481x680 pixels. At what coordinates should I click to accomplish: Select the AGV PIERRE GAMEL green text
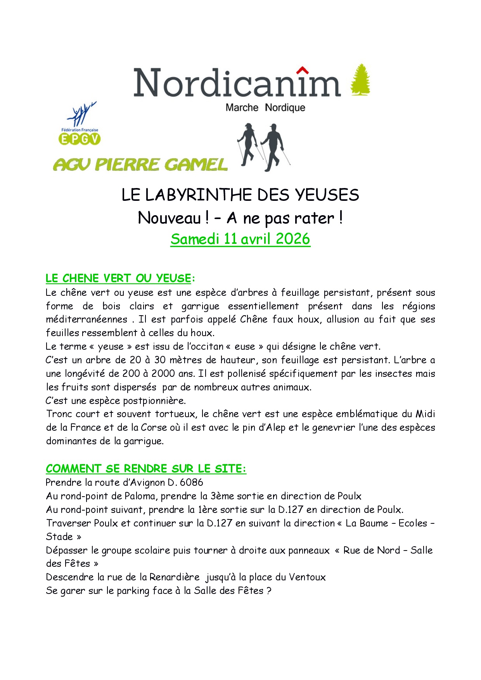pyautogui.click(x=140, y=165)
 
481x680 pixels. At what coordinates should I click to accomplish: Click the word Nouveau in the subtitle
pyautogui.click(x=170, y=218)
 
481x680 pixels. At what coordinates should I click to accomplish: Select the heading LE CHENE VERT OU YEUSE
pyautogui.click(x=118, y=278)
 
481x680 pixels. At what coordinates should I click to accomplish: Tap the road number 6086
pyautogui.click(x=192, y=482)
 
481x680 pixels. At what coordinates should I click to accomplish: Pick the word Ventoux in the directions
pyautogui.click(x=307, y=577)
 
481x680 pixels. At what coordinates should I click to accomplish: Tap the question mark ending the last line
pyautogui.click(x=269, y=591)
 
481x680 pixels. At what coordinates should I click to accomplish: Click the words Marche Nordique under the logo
pyautogui.click(x=265, y=107)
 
